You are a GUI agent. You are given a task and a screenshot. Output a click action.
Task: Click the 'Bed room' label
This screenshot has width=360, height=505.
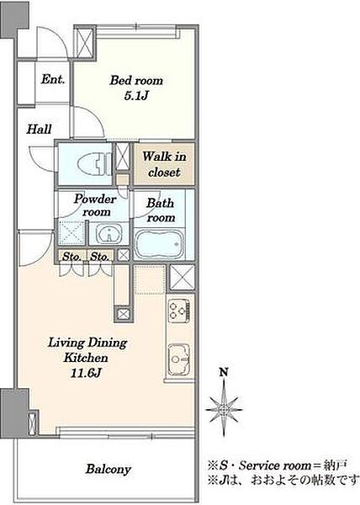(x=136, y=80)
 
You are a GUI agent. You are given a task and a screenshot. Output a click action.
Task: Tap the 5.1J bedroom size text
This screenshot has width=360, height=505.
(x=136, y=96)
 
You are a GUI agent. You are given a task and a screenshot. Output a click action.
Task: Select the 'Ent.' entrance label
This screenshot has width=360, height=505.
(x=53, y=79)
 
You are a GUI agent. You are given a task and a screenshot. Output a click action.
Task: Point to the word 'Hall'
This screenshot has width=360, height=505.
(x=39, y=129)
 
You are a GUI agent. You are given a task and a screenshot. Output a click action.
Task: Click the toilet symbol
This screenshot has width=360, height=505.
(x=94, y=163)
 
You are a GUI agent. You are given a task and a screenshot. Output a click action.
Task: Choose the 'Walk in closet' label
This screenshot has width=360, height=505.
(x=164, y=164)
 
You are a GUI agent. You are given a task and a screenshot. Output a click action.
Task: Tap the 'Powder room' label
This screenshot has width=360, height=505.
(x=95, y=205)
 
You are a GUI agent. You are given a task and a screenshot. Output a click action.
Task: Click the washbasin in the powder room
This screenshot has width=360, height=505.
(x=109, y=233)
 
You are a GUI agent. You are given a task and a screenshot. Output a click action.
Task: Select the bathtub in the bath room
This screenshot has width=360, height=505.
(x=159, y=243)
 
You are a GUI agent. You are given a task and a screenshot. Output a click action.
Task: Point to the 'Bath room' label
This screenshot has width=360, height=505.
(x=161, y=210)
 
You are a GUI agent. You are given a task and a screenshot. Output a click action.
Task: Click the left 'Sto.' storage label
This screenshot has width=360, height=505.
(x=71, y=257)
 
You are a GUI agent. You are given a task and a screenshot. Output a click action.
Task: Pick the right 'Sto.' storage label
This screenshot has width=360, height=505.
(x=100, y=257)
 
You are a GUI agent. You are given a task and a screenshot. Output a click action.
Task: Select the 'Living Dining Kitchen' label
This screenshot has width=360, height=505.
(x=87, y=350)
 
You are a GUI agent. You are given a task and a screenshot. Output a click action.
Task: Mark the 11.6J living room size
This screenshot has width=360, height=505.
(x=86, y=373)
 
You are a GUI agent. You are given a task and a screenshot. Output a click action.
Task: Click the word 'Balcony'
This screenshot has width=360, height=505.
(x=109, y=469)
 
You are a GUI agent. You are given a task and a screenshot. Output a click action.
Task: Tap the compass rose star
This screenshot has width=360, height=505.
(x=224, y=409)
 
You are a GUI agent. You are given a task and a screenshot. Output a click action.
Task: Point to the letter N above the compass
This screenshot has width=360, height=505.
(x=224, y=372)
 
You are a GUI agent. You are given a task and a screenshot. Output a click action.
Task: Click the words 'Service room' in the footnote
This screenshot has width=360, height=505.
(x=275, y=465)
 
